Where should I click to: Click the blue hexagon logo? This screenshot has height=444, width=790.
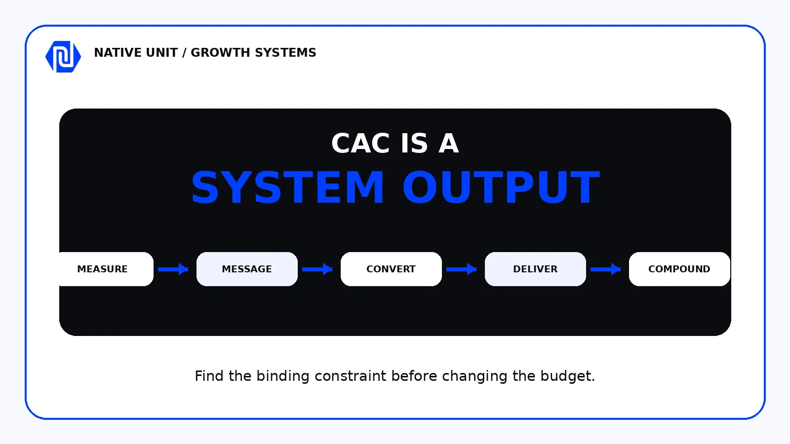63,57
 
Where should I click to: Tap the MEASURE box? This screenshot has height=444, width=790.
106,269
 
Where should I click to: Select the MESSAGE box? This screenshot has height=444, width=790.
247,269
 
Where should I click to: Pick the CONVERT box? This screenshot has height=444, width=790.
391,269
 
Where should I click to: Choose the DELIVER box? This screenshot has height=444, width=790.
535,269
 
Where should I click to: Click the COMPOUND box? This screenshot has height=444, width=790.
679,269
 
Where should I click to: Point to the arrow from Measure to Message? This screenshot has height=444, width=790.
173,269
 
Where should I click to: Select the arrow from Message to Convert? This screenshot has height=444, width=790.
317,269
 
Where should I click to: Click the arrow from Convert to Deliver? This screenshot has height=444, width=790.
461,269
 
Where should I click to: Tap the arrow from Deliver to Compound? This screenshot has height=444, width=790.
605,269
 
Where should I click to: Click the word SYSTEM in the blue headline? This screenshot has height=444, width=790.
288,187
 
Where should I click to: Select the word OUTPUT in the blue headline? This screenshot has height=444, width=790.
501,187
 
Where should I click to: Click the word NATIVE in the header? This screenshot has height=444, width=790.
118,52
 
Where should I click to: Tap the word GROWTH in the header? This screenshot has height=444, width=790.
220,52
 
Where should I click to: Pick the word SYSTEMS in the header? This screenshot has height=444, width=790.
285,52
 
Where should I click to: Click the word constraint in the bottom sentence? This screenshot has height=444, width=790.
351,376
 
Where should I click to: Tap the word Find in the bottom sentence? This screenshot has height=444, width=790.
209,375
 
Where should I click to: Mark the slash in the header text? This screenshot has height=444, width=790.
184,53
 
